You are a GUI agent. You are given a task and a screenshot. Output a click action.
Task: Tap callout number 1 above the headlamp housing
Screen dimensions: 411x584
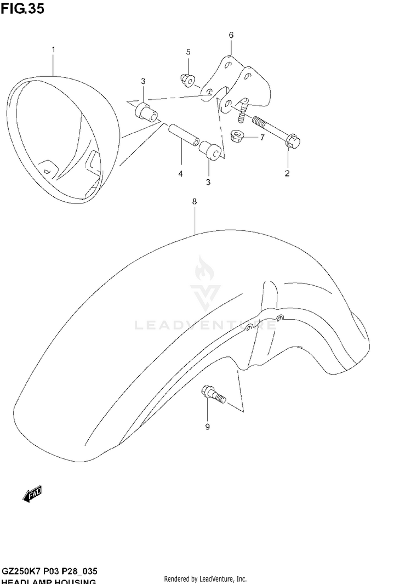[53, 50]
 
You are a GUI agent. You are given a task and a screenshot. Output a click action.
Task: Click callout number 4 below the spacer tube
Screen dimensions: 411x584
[180, 174]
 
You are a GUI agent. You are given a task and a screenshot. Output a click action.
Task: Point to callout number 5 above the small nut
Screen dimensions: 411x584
[188, 52]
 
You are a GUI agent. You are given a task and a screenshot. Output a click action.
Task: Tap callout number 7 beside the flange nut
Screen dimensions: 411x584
[262, 137]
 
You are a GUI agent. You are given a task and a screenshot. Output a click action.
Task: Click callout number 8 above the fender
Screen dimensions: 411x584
[194, 202]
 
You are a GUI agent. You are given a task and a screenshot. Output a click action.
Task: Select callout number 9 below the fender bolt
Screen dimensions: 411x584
[207, 427]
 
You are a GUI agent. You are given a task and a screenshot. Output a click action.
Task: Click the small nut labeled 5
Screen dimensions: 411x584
[186, 81]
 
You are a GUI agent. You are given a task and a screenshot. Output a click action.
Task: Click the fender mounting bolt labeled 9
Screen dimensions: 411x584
[213, 394]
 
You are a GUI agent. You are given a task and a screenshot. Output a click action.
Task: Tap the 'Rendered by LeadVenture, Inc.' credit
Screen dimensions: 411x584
[206, 579]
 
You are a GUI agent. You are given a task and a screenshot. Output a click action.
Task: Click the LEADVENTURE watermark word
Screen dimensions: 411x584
[206, 325]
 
